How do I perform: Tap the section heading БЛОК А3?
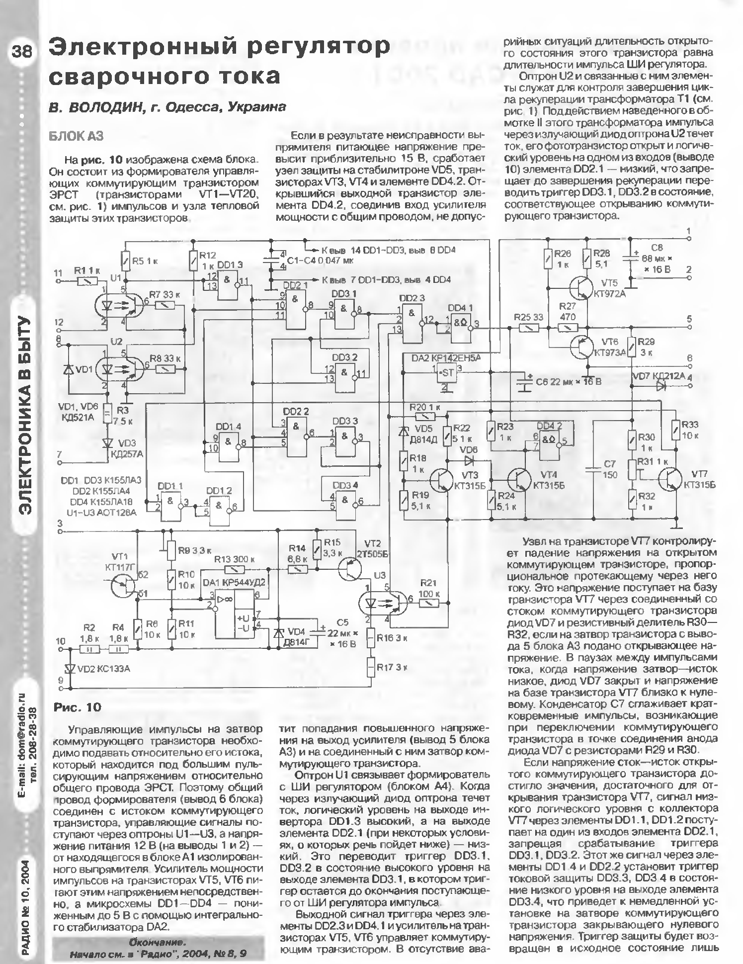point(76,136)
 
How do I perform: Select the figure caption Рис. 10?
point(78,707)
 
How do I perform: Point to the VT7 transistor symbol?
point(670,479)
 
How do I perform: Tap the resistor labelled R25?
point(531,328)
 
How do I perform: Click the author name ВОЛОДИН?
point(104,107)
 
